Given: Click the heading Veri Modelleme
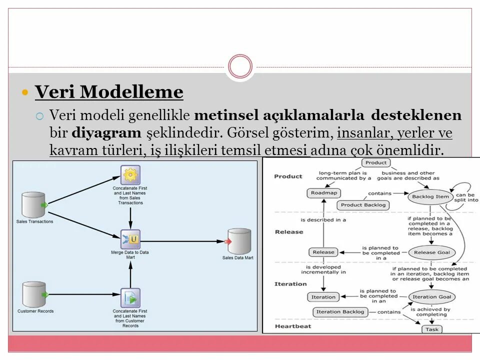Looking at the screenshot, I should point(109,92).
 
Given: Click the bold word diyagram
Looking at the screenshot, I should point(106,133).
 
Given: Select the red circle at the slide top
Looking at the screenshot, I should point(240,66).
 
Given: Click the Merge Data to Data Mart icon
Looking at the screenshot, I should point(130,239).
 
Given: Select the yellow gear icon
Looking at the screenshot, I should point(130,174).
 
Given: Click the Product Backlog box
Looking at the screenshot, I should point(363,205).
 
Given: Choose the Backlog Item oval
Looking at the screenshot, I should point(430,196).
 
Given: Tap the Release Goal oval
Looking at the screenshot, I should point(431,252).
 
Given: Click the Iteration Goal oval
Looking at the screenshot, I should point(432,297).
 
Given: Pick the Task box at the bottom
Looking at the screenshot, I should point(431,329).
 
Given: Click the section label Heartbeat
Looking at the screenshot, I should point(292,326).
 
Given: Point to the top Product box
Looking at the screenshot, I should point(376,162).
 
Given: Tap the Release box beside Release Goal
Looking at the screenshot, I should point(323,252).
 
